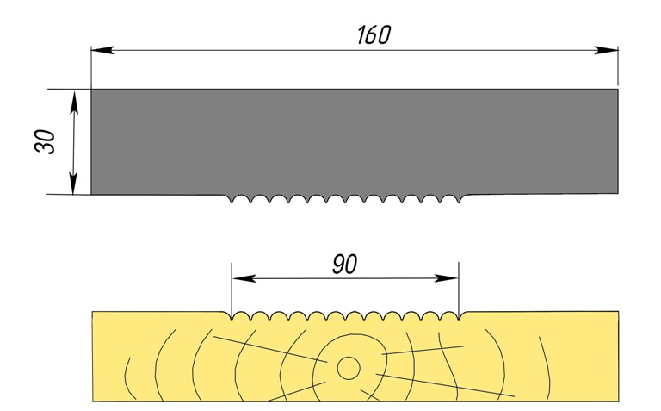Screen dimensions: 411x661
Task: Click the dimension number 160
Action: tap(373, 34)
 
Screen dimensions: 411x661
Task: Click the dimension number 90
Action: tap(344, 265)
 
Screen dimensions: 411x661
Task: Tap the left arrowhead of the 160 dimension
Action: tap(100, 50)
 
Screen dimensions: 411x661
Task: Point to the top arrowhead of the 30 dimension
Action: tap(75, 97)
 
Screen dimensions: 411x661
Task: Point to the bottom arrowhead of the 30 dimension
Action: tap(75, 186)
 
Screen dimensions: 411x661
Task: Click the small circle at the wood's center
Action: tap(348, 368)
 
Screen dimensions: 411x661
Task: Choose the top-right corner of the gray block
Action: tap(618, 89)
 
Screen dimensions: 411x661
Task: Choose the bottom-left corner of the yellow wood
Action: tap(92, 401)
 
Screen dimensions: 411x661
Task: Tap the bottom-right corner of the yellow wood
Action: tap(618, 401)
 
